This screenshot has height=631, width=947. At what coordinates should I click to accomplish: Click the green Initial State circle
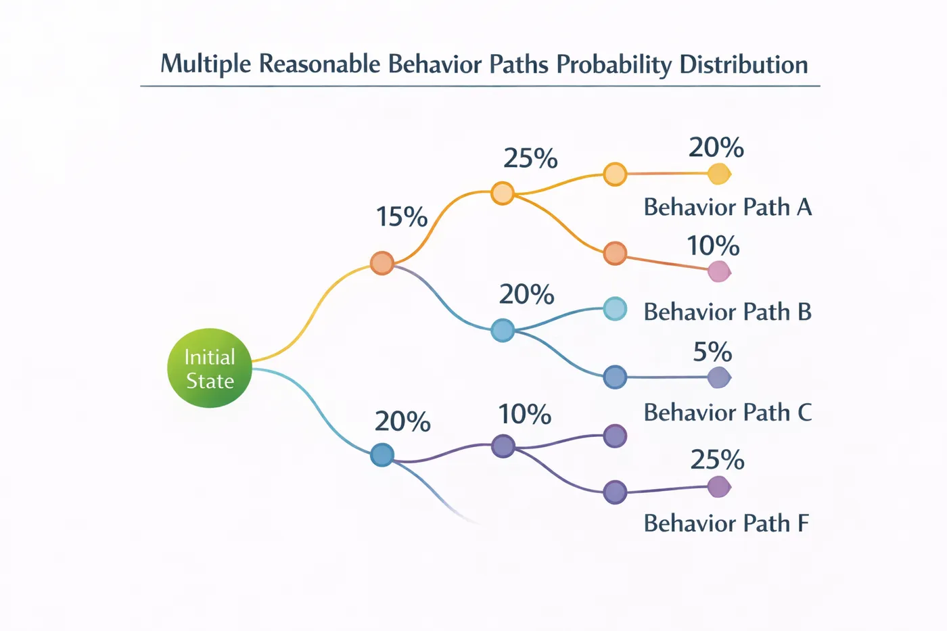pyautogui.click(x=210, y=368)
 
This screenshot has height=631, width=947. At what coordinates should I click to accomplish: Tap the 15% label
pyautogui.click(x=402, y=217)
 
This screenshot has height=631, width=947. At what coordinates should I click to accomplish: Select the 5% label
pyautogui.click(x=712, y=352)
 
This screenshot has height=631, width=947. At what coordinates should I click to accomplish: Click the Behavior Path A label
pyautogui.click(x=727, y=207)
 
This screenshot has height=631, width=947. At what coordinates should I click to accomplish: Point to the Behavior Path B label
pyautogui.click(x=727, y=312)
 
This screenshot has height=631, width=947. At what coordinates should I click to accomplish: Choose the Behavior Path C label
pyautogui.click(x=727, y=413)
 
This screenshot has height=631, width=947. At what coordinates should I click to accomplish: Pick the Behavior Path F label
pyautogui.click(x=726, y=523)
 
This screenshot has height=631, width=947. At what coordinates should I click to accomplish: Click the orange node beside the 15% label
pyautogui.click(x=382, y=263)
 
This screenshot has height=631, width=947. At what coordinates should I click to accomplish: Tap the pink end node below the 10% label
pyautogui.click(x=718, y=272)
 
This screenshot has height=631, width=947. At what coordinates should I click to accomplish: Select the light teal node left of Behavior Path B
pyautogui.click(x=615, y=309)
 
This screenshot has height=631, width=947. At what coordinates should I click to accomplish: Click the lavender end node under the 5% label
pyautogui.click(x=718, y=377)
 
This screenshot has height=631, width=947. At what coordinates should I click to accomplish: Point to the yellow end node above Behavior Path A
pyautogui.click(x=718, y=174)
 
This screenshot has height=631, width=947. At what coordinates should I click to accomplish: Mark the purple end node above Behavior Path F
pyautogui.click(x=718, y=487)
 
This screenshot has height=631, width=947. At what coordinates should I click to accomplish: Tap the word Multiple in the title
pyautogui.click(x=206, y=65)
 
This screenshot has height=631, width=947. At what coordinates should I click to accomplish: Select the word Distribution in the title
pyautogui.click(x=743, y=65)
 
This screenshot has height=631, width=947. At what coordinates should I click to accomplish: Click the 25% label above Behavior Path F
pyautogui.click(x=717, y=461)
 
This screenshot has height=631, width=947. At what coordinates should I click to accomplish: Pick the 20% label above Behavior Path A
pyautogui.click(x=716, y=148)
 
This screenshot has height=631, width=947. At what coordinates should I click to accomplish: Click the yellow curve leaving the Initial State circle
pyautogui.click(x=304, y=325)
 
